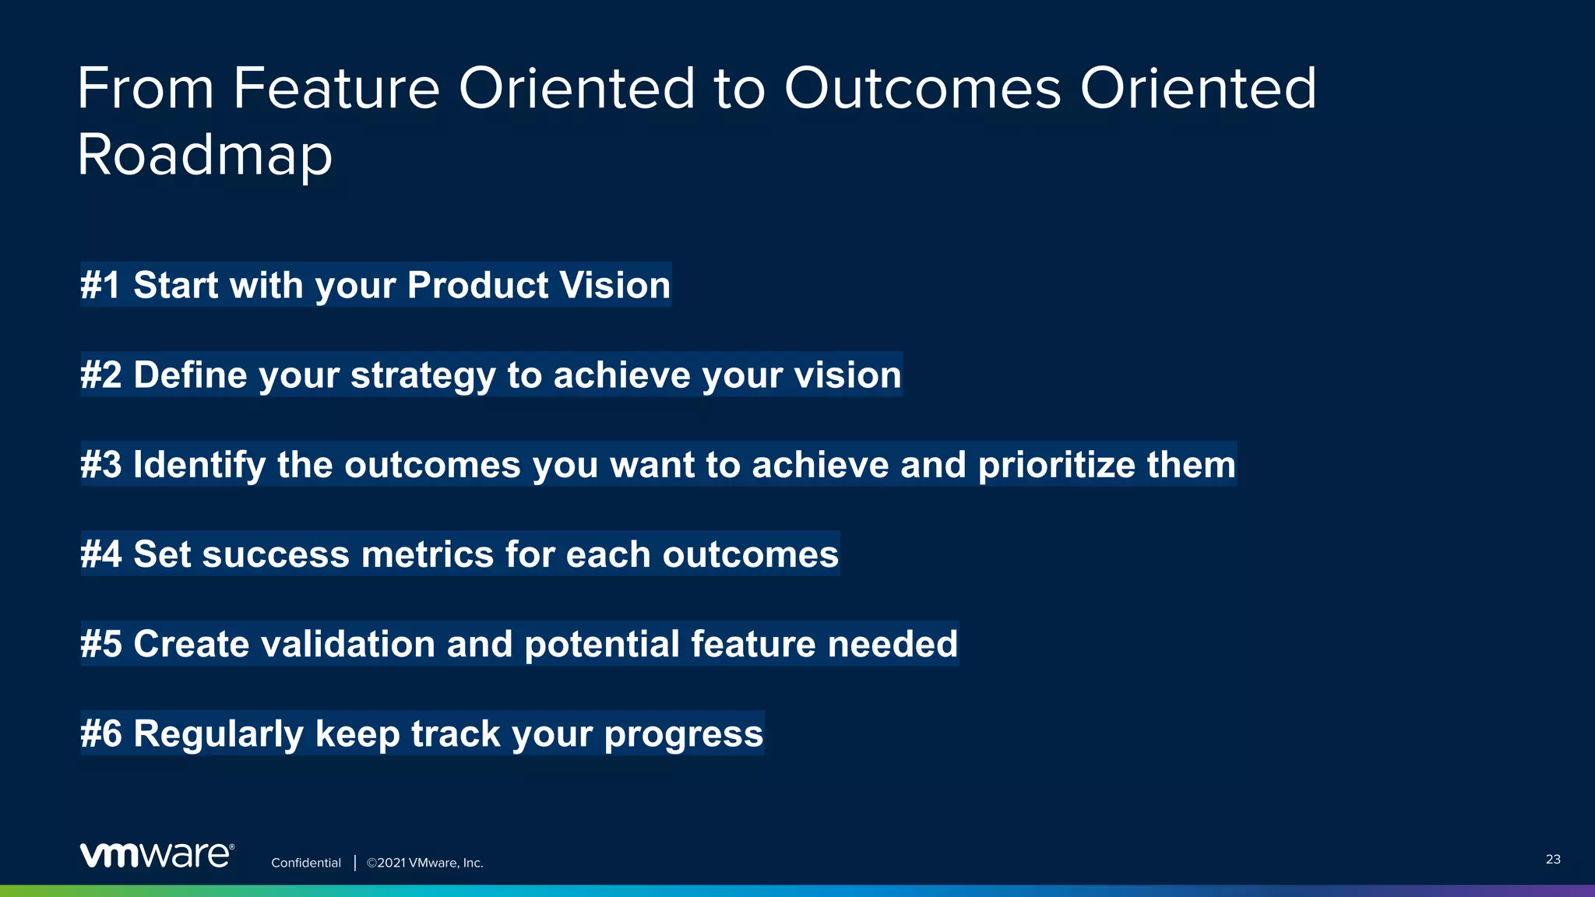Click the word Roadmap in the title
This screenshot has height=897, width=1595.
[205, 155]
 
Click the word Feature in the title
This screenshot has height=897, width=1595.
[336, 88]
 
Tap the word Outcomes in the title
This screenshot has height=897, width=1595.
[922, 88]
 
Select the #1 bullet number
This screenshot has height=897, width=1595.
[100, 285]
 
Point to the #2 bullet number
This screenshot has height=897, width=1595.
[101, 375]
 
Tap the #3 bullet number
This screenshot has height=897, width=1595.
[101, 465]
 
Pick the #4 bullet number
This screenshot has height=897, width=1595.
[101, 554]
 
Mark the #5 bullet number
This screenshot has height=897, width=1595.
[101, 644]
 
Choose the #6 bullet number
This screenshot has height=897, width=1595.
[101, 733]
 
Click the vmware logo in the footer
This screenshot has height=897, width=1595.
[157, 855]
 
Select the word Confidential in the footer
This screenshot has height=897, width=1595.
[306, 863]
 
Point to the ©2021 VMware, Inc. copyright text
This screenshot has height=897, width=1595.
[425, 863]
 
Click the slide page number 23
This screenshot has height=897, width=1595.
[1552, 859]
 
